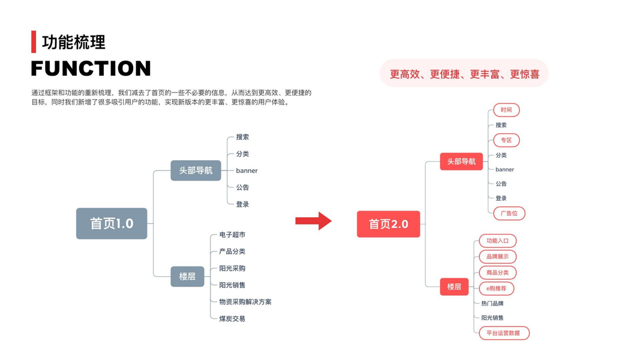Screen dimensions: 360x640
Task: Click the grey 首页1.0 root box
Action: point(112,223)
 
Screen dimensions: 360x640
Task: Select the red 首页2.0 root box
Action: point(388,224)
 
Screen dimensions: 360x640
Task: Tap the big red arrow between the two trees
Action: point(313,221)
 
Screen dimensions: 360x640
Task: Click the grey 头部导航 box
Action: point(196,170)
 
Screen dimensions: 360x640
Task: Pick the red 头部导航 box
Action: point(461,161)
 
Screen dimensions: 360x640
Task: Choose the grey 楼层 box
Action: point(187,277)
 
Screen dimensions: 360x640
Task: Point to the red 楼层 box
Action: point(453,287)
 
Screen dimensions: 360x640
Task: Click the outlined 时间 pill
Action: point(506,110)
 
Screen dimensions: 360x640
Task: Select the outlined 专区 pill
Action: point(506,140)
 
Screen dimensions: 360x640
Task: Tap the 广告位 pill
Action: point(509,213)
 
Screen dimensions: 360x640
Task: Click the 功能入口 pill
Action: point(497,241)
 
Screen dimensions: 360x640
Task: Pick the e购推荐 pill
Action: point(496,289)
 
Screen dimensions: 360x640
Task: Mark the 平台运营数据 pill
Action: point(503,333)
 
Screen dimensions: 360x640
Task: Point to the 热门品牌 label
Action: point(492,304)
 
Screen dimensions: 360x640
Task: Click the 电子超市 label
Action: point(232,235)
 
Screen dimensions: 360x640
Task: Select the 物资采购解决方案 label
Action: point(245,302)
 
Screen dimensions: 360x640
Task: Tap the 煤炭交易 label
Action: point(232,319)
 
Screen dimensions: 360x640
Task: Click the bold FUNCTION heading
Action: point(91,68)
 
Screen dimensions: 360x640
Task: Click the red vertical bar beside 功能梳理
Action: point(34,41)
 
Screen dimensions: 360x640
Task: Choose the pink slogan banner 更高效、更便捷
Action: point(464,74)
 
